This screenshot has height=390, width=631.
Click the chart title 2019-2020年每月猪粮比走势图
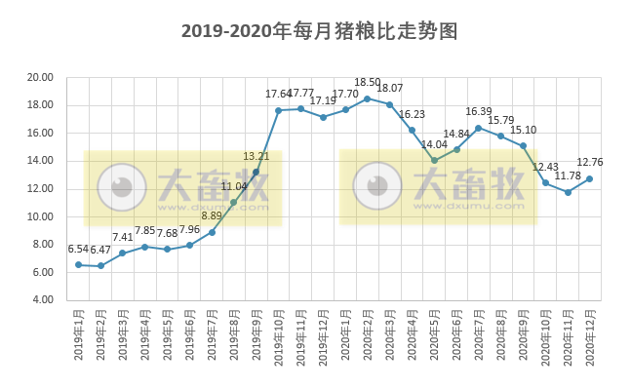pyautogui.click(x=319, y=31)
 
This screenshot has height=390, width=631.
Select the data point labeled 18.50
pyautogui.click(x=367, y=98)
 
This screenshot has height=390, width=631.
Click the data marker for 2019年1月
pyautogui.click(x=78, y=264)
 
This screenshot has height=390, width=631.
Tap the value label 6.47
pyautogui.click(x=100, y=251)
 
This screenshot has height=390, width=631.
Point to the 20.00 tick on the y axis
pyautogui.click(x=40, y=78)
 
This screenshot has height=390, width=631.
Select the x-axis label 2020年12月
pyautogui.click(x=589, y=336)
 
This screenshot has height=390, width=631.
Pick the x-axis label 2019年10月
pyautogui.click(x=278, y=336)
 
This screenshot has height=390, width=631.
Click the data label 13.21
pyautogui.click(x=256, y=156)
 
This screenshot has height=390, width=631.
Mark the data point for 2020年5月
pyautogui.click(x=434, y=160)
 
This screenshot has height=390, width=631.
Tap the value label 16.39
pyautogui.click(x=479, y=112)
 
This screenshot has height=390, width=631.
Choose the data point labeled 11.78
pyautogui.click(x=568, y=192)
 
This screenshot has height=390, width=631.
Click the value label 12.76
pyautogui.click(x=590, y=163)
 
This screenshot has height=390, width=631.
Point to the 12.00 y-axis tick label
pyautogui.click(x=40, y=189)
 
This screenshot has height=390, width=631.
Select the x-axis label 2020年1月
pyautogui.click(x=345, y=336)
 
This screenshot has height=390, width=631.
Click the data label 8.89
pyautogui.click(x=212, y=216)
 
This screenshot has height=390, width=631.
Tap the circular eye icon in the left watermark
pyautogui.click(x=122, y=187)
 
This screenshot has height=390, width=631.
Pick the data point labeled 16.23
pyautogui.click(x=412, y=130)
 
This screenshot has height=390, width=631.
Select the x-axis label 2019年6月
pyautogui.click(x=189, y=336)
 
